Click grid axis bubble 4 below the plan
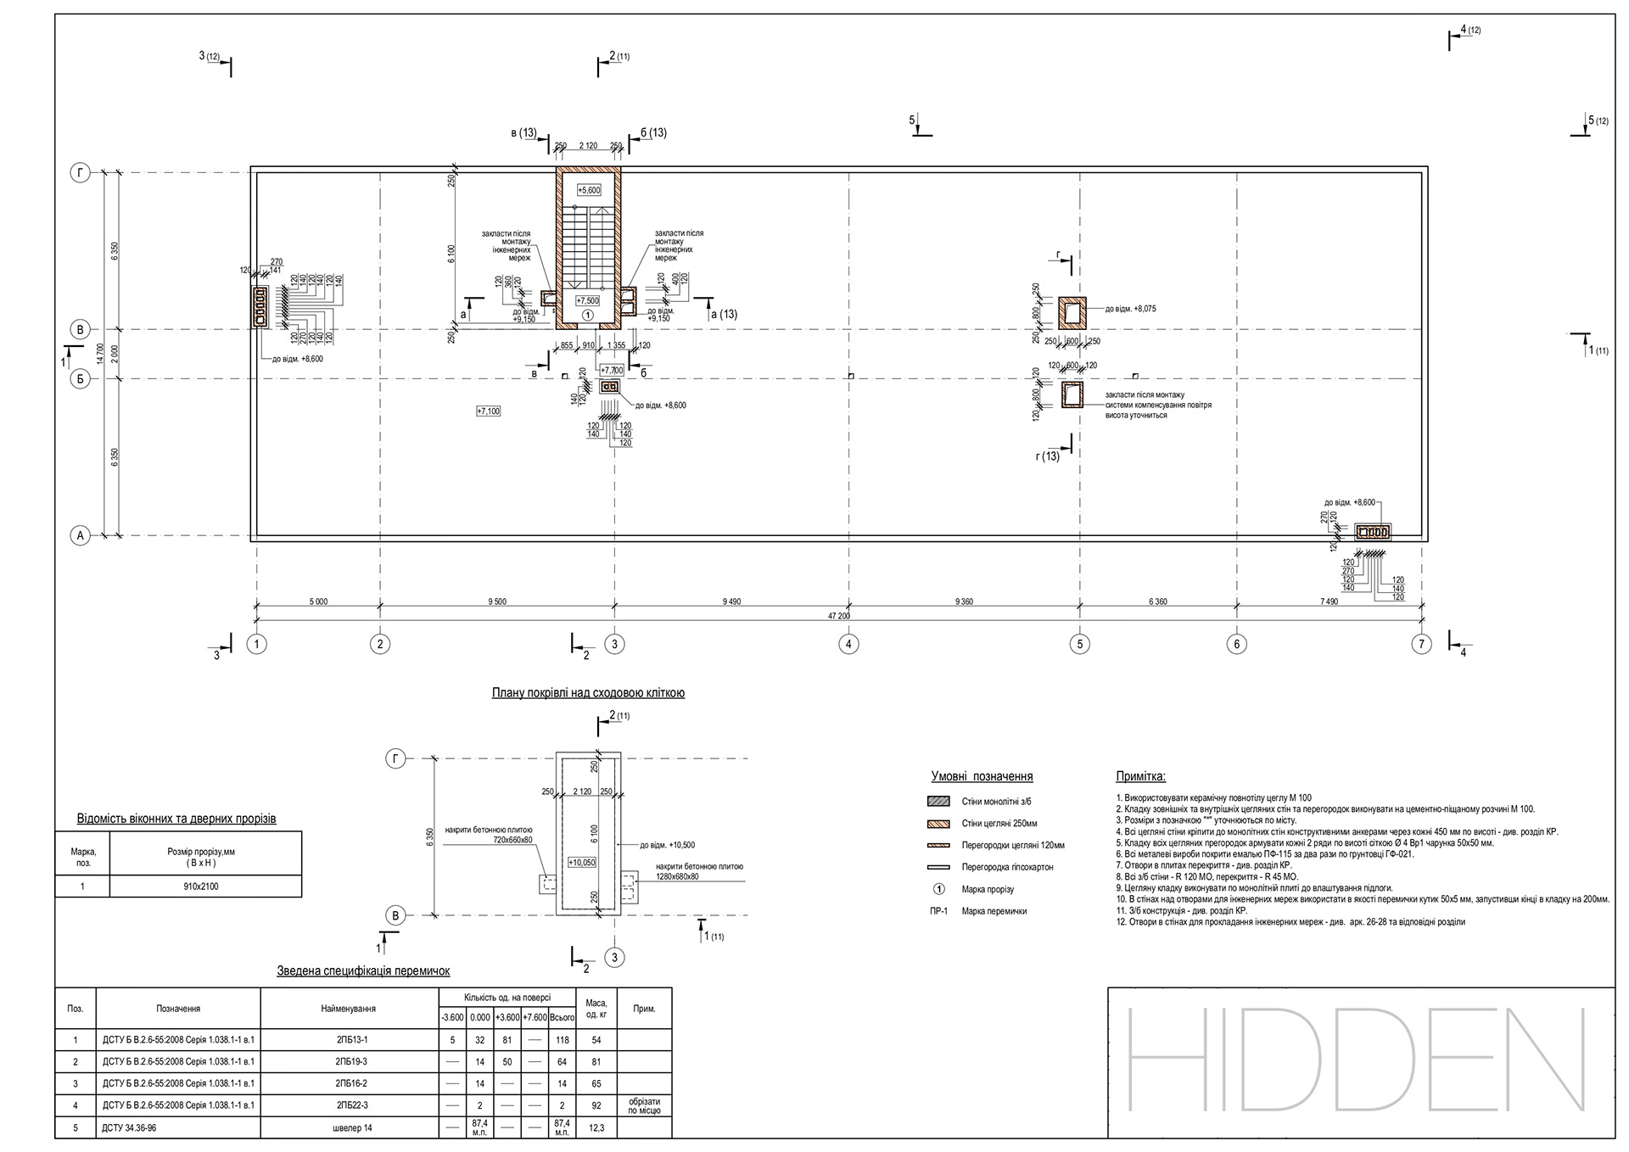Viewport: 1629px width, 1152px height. (848, 645)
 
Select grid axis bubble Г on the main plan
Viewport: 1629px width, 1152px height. (80, 173)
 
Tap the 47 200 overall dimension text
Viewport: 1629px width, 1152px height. (838, 616)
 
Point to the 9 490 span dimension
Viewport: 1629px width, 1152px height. (731, 601)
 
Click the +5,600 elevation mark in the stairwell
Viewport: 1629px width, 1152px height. (588, 190)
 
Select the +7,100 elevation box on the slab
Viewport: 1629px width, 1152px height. (488, 411)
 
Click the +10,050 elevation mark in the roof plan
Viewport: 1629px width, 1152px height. (582, 862)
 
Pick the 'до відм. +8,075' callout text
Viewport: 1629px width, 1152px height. (1129, 309)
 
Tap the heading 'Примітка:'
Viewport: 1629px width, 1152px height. (1140, 776)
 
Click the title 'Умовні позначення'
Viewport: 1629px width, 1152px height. (982, 776)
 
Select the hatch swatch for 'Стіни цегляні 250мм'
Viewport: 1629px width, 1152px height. (938, 823)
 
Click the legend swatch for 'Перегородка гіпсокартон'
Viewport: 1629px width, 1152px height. (938, 867)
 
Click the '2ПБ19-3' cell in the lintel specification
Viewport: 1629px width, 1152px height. (351, 1061)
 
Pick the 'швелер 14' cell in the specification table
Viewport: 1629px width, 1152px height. (351, 1128)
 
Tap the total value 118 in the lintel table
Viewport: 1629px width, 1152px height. (562, 1039)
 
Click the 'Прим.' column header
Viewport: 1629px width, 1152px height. (644, 1009)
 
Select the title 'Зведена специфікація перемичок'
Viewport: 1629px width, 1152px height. (363, 970)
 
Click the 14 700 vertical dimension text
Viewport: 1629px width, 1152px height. (99, 353)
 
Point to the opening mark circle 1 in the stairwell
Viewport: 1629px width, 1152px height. (587, 315)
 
